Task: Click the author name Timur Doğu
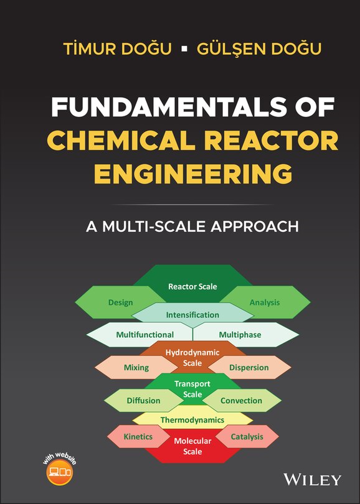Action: pyautogui.click(x=117, y=49)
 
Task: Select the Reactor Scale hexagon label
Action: pyautogui.click(x=192, y=286)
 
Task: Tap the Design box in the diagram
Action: pyautogui.click(x=120, y=302)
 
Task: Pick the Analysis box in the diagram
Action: pyautogui.click(x=265, y=302)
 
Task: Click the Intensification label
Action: pyautogui.click(x=192, y=315)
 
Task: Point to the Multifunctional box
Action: pyautogui.click(x=145, y=335)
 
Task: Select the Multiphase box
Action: pyautogui.click(x=240, y=335)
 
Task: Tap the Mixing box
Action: pyautogui.click(x=136, y=367)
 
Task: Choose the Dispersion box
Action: pyautogui.click(x=249, y=367)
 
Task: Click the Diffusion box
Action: pyautogui.click(x=143, y=401)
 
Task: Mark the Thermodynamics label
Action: pyautogui.click(x=192, y=420)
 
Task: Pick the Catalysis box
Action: pyautogui.click(x=247, y=437)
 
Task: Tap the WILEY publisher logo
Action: pyautogui.click(x=312, y=480)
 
